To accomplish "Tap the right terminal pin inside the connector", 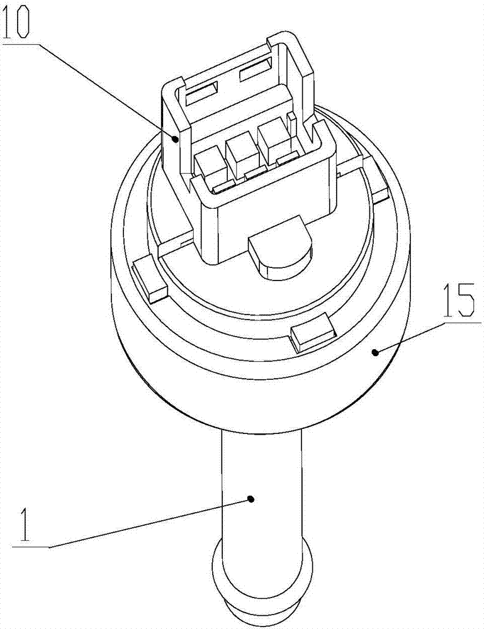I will pos(272,142).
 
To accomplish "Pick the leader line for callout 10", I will pos(107,88).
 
